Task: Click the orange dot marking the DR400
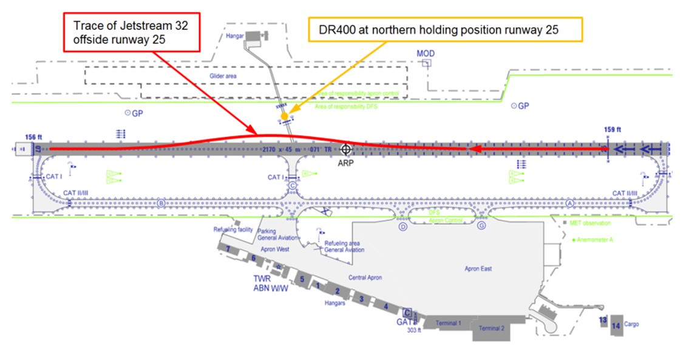(284, 115)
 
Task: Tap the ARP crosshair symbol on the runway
(346, 149)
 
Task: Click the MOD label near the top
(426, 53)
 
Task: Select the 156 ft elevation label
(34, 137)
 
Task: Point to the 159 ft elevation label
(613, 129)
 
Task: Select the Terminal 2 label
(491, 328)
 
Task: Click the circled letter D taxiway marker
(402, 226)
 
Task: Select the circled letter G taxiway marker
(481, 226)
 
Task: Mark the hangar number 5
(301, 279)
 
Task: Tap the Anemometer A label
(596, 240)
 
